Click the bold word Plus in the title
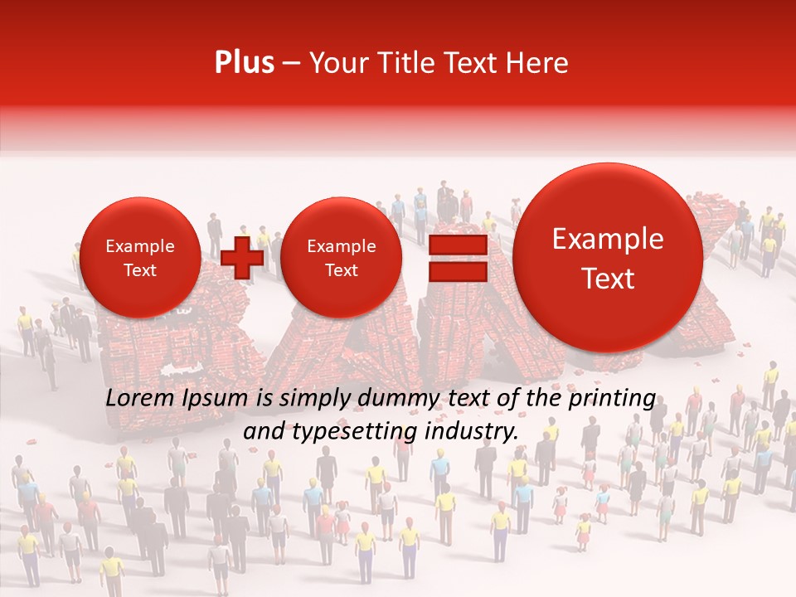[244, 63]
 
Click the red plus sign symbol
[242, 257]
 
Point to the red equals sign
[457, 257]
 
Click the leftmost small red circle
[139, 258]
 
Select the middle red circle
[341, 258]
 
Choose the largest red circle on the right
[608, 258]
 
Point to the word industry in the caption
[472, 431]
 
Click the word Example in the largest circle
[608, 239]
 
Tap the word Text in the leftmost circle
[139, 270]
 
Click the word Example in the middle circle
[341, 246]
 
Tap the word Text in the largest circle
[608, 279]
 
